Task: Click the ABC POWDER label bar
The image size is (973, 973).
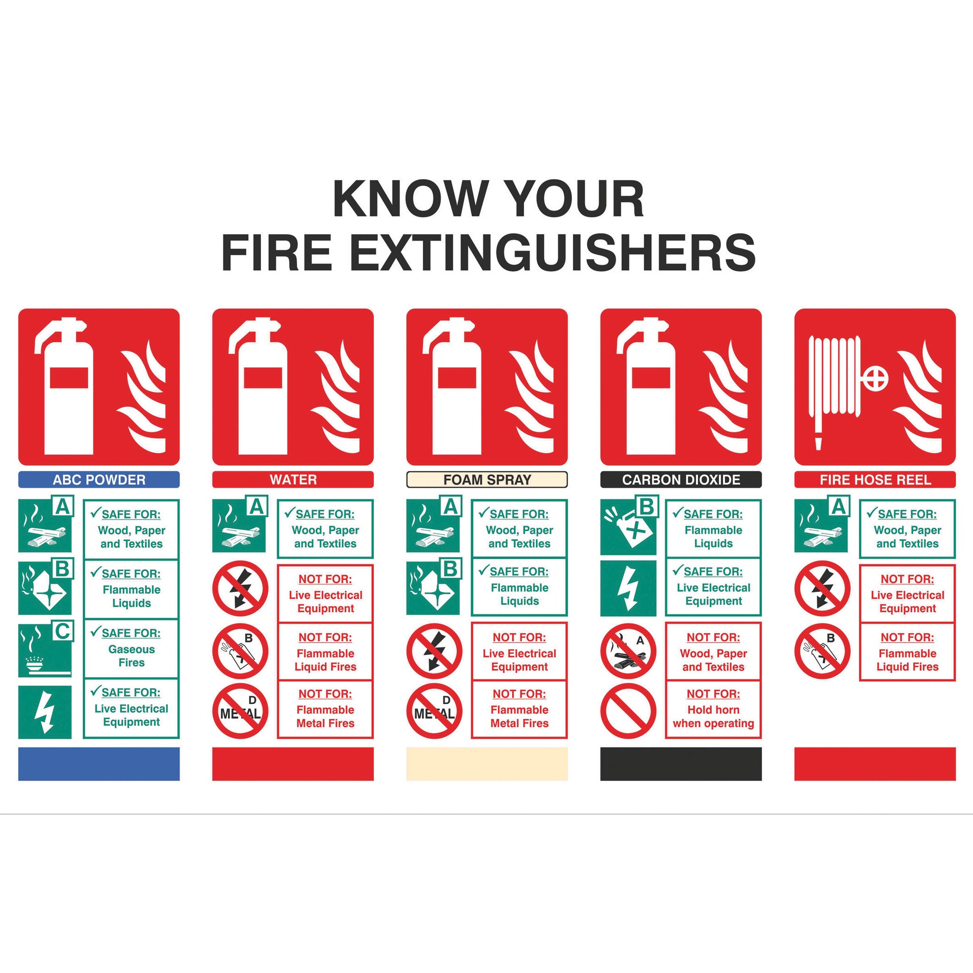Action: click(x=99, y=479)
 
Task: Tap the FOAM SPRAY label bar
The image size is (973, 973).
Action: click(x=486, y=479)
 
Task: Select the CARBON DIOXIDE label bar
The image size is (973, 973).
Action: click(x=680, y=479)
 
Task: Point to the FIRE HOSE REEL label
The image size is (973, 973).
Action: click(x=875, y=479)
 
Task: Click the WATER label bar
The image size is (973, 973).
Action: click(x=293, y=479)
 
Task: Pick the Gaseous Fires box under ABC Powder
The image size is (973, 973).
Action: click(x=131, y=649)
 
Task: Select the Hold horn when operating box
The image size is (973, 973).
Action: click(x=713, y=710)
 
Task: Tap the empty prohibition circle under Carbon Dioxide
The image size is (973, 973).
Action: click(x=628, y=711)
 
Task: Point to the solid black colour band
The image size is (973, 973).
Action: click(x=680, y=764)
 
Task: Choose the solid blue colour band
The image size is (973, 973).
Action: click(x=99, y=764)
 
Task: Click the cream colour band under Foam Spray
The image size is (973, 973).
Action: click(x=486, y=764)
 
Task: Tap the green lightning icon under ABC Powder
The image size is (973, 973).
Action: click(x=45, y=712)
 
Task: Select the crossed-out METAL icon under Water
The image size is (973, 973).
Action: click(x=240, y=711)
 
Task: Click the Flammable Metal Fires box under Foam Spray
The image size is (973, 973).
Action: click(x=519, y=710)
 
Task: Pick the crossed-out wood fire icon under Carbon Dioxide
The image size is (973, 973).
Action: click(x=628, y=651)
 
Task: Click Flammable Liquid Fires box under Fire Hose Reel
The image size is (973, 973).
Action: click(x=907, y=652)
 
